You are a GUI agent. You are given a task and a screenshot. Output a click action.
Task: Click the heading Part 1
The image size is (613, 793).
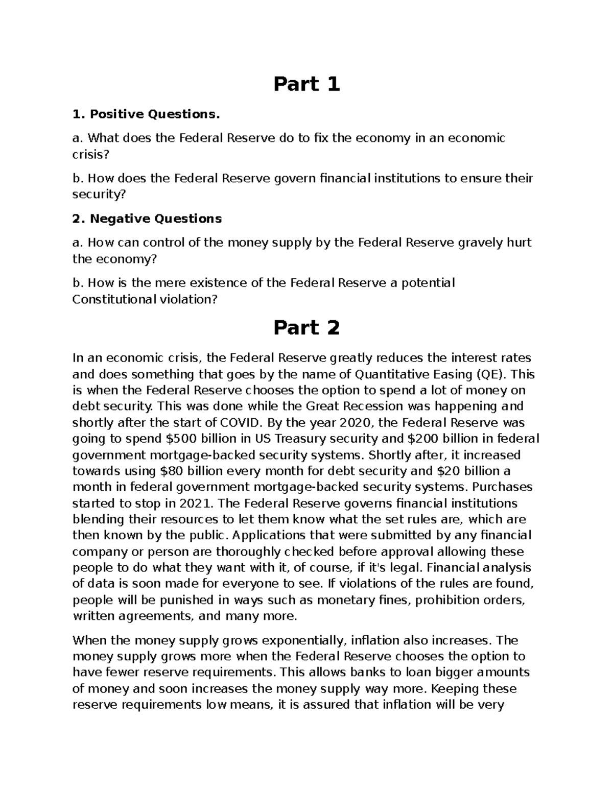[x=306, y=84]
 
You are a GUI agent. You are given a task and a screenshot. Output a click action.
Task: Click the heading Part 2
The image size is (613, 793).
[x=306, y=328]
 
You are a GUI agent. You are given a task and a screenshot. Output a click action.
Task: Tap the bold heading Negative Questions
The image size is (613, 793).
[x=156, y=219]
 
